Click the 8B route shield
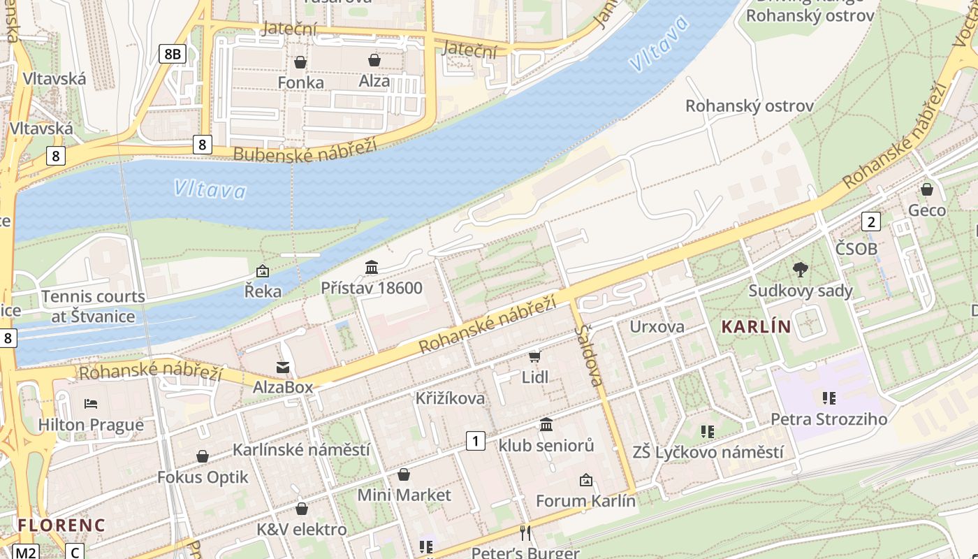(x=172, y=53)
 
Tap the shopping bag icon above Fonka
(x=300, y=62)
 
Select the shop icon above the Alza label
(x=374, y=60)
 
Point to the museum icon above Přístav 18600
(x=372, y=267)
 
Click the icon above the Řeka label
(x=263, y=270)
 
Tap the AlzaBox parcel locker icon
(x=283, y=367)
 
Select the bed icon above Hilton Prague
(x=91, y=403)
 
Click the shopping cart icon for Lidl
(x=535, y=357)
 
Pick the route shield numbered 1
(x=476, y=441)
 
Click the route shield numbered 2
(x=870, y=222)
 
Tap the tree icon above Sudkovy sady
(x=801, y=269)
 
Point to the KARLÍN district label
(x=756, y=326)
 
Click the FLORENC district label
(x=61, y=525)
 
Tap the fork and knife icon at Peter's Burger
(x=525, y=533)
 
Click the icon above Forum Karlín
(x=586, y=480)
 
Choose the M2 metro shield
(x=25, y=552)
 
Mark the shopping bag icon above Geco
(x=927, y=189)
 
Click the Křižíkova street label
(x=450, y=398)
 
